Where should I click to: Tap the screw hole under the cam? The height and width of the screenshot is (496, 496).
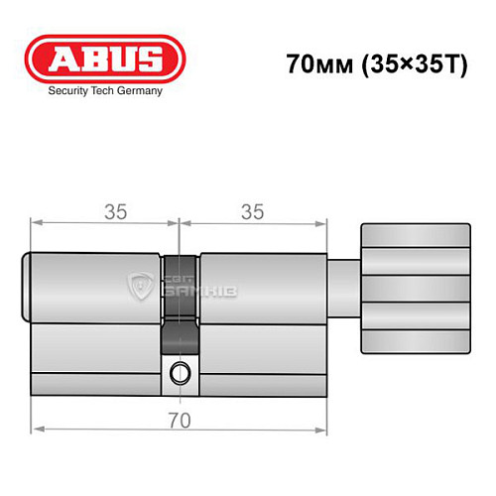(179, 374)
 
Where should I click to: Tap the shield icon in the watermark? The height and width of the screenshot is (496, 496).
(141, 289)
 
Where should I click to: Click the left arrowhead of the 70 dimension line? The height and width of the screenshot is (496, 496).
(37, 430)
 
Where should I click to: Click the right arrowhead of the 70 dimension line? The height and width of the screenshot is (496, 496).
(322, 430)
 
